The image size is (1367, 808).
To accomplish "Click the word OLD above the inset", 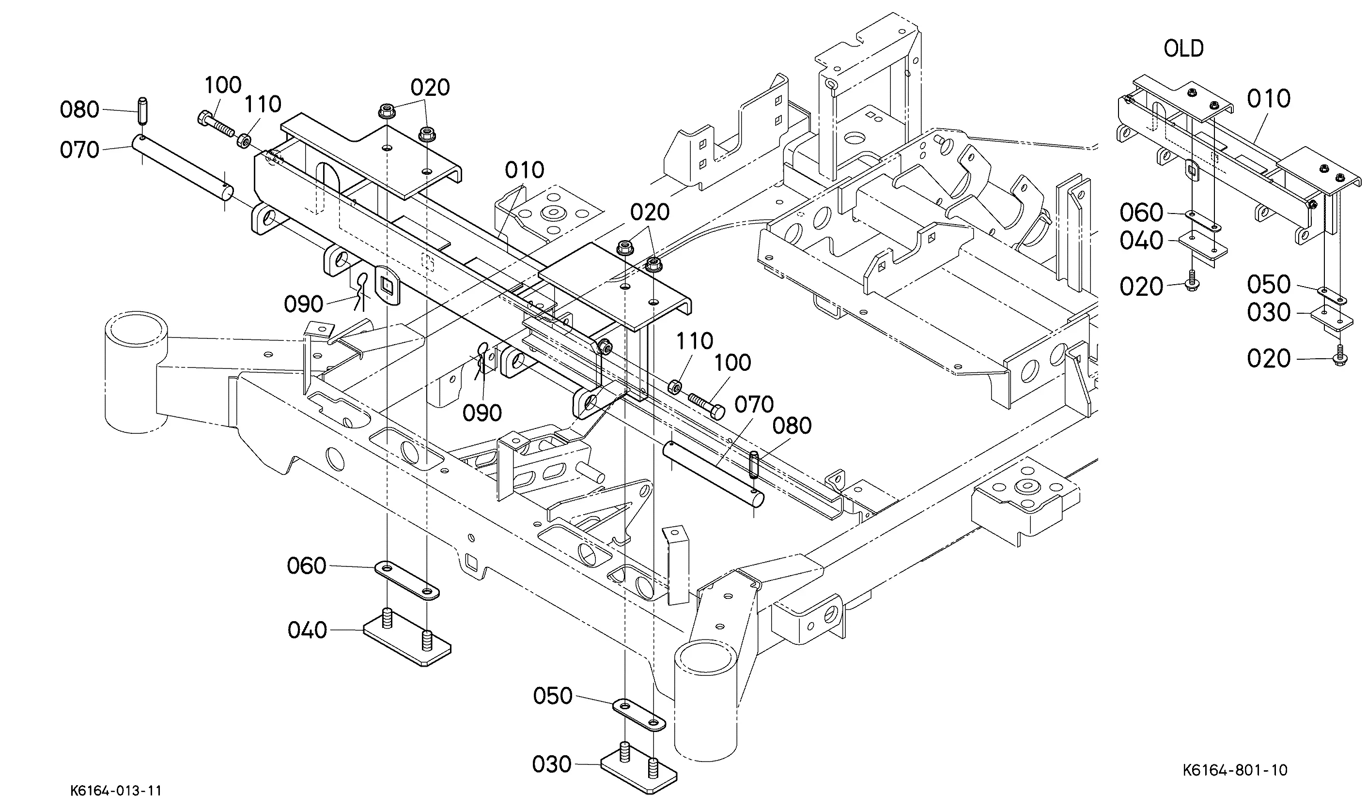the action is click(1183, 48).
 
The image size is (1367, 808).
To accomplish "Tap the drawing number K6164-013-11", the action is click(115, 791).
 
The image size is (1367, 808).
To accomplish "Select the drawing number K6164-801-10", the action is click(1235, 770).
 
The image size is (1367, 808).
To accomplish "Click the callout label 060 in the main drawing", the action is click(307, 566).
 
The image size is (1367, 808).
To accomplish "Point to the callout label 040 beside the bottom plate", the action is click(307, 630).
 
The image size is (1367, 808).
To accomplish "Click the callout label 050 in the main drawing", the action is click(553, 695).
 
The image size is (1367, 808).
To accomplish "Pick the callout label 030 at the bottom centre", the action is click(552, 764).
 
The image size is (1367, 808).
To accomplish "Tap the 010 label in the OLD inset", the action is click(1269, 99).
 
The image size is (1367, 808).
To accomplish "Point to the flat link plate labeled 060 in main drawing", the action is click(407, 580).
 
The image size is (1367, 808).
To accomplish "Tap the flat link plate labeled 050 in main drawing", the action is click(639, 715).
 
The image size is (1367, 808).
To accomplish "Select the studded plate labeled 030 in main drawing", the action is click(639, 768).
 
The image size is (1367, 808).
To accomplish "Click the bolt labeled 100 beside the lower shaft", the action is click(706, 406).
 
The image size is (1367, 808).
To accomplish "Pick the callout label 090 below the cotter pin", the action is click(482, 413).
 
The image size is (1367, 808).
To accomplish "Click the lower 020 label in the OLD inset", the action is click(1269, 358).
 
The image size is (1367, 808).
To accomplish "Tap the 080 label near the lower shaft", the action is click(792, 426).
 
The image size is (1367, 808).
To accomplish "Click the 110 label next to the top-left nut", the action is click(263, 104).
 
